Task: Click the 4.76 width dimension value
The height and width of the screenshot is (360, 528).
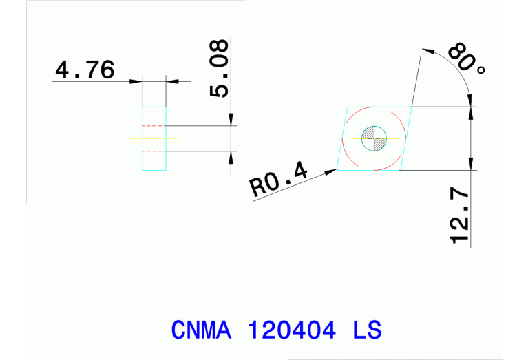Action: pos(85,70)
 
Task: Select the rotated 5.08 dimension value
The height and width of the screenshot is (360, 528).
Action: pos(219,68)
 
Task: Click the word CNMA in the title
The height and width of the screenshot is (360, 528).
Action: pos(200,329)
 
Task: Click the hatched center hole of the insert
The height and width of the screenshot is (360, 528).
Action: pos(375,138)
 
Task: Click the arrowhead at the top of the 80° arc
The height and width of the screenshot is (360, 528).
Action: pos(425,50)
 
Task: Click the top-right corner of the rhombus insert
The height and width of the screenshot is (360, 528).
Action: pos(412,107)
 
